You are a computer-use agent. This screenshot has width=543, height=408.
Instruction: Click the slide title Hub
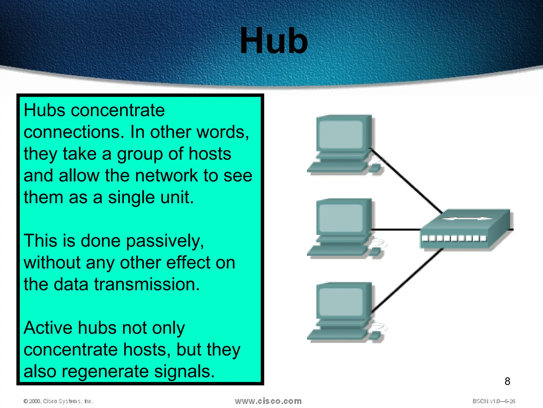click(x=274, y=41)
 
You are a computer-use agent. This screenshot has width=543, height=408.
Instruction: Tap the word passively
click(x=165, y=241)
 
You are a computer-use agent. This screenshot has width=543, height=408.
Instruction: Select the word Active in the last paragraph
click(x=48, y=328)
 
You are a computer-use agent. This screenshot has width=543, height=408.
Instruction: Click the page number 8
click(x=507, y=381)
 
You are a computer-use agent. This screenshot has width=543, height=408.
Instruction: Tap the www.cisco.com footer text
click(x=268, y=401)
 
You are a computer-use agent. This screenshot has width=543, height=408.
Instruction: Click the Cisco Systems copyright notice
click(x=58, y=401)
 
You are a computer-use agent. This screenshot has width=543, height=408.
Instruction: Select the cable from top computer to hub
click(x=406, y=181)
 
